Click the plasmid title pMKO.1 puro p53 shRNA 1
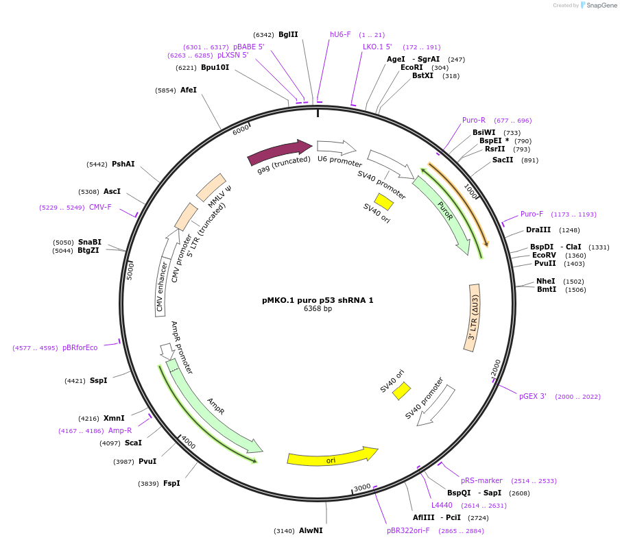coord(318,300)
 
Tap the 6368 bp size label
coord(318,309)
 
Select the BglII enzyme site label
coord(288,34)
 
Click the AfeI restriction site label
coord(189,90)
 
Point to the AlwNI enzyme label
coord(310,530)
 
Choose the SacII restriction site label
coord(503,160)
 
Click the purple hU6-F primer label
coord(340,34)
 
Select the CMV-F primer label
coord(100,207)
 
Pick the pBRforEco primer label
coord(80,347)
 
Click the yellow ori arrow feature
coord(333,458)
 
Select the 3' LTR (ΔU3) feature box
coord(473,318)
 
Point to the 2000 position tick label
coord(497,368)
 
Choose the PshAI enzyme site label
coord(123,164)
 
